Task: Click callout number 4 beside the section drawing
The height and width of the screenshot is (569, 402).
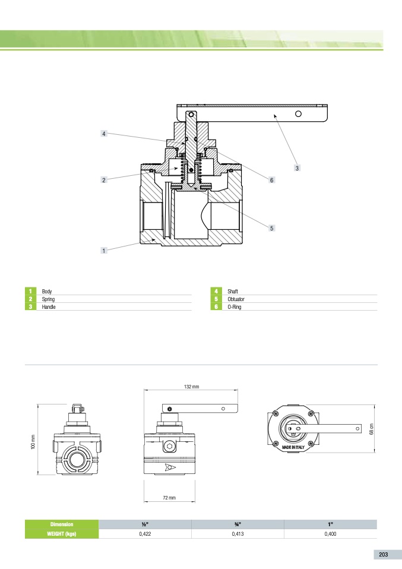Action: [x=104, y=134]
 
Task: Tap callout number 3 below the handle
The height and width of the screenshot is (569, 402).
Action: [x=297, y=168]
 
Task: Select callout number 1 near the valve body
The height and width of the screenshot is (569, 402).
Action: [x=104, y=251]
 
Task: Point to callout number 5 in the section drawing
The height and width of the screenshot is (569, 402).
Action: [x=271, y=228]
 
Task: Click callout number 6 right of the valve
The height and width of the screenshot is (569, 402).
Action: [x=271, y=180]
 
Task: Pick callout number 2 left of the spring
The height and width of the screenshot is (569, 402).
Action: [x=104, y=180]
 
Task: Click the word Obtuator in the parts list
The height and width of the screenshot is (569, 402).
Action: [x=236, y=299]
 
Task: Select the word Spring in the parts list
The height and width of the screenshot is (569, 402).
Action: [x=48, y=299]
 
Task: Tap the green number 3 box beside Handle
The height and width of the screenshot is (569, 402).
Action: [x=30, y=306]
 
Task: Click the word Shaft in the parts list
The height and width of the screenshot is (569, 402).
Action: [x=233, y=292]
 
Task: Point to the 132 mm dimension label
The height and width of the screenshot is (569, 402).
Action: [x=191, y=387]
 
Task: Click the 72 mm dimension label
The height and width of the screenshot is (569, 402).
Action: [x=169, y=498]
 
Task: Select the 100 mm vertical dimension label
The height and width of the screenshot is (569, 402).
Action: [x=33, y=442]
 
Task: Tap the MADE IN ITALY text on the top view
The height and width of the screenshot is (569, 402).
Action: [x=293, y=447]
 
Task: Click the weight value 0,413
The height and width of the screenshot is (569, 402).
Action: [x=238, y=534]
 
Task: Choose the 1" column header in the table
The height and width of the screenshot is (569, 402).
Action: [x=330, y=524]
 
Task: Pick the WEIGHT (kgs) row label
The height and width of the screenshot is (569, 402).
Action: [x=62, y=534]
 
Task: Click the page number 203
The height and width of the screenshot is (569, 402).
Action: [x=383, y=555]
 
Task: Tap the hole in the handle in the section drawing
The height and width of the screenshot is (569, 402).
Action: [x=298, y=114]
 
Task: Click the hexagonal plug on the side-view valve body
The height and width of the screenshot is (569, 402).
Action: [x=169, y=446]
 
